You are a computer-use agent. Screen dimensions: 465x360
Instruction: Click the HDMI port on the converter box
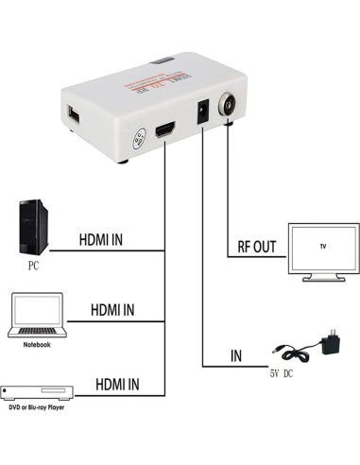point(164,133)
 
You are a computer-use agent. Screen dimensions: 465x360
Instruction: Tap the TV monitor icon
point(322,250)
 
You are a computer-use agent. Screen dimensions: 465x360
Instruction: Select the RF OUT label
point(250,249)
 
